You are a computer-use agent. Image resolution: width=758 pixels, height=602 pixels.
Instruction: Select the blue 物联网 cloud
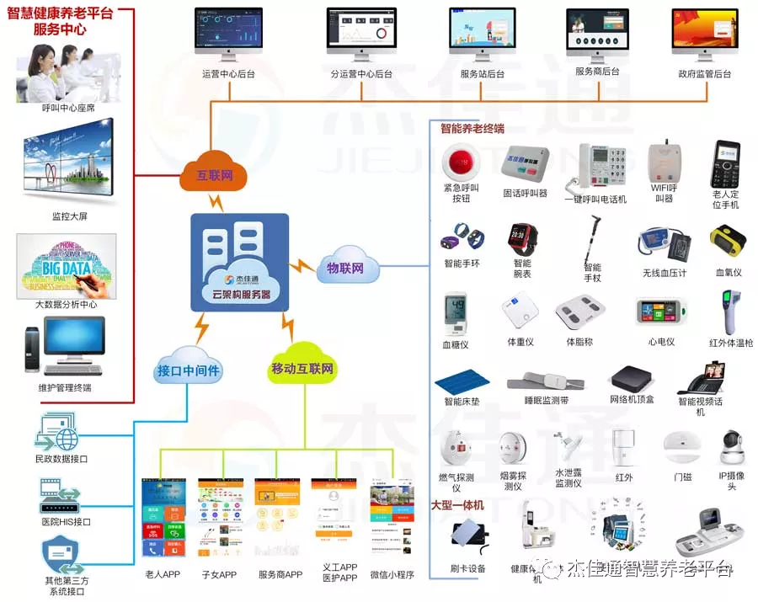tap(344, 269)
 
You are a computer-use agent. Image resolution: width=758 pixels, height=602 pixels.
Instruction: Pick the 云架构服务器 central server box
tap(240, 262)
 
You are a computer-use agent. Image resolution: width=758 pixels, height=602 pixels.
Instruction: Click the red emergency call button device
tap(460, 160)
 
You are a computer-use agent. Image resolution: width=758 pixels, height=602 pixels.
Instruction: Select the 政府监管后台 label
tap(705, 74)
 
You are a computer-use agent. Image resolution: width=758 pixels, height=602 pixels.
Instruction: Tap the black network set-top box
tap(632, 377)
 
